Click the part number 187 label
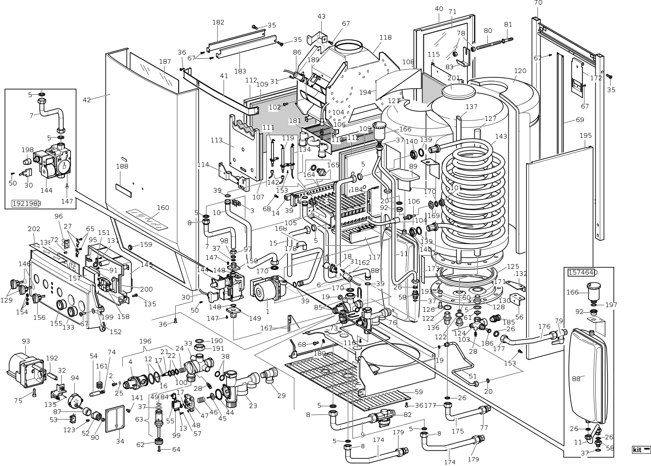click(165, 62)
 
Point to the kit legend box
click(641, 450)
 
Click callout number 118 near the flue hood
click(385, 38)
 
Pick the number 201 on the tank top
click(453, 78)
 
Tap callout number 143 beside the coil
click(501, 136)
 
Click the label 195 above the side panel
click(586, 136)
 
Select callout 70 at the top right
click(538, 3)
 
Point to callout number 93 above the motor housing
click(26, 341)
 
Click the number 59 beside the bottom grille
click(418, 392)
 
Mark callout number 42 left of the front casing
click(87, 100)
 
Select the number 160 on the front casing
click(163, 208)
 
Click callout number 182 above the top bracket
click(218, 22)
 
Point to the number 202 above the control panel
click(34, 229)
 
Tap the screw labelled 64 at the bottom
click(159, 450)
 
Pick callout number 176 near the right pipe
click(545, 326)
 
